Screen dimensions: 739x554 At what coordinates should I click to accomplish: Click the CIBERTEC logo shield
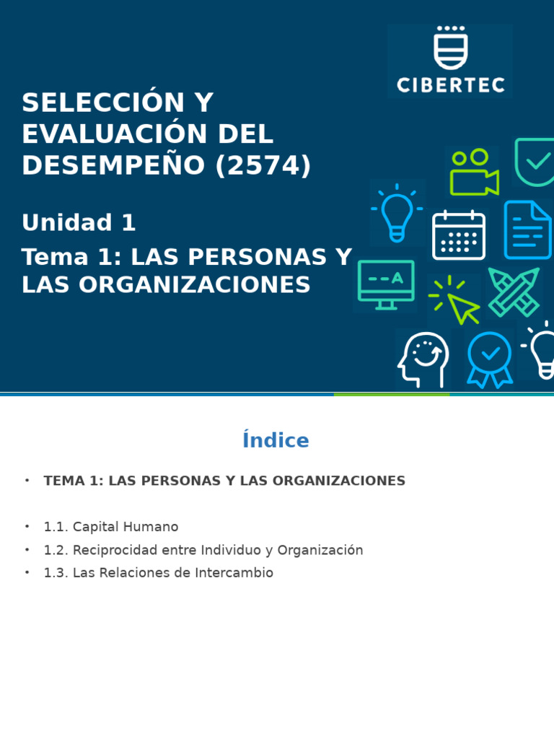pyautogui.click(x=450, y=48)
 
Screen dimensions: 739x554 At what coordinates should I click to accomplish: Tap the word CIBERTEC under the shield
pyautogui.click(x=450, y=84)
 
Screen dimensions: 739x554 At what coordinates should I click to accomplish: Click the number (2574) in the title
pyautogui.click(x=263, y=165)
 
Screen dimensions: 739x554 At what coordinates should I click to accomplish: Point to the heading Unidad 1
pyautogui.click(x=79, y=223)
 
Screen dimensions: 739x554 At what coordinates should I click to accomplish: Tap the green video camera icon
pyautogui.click(x=474, y=173)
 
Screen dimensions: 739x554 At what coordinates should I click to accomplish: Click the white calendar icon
pyautogui.click(x=458, y=235)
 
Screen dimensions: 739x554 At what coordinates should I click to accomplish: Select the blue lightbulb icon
pyautogui.click(x=397, y=213)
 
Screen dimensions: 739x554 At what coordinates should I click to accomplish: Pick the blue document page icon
pyautogui.click(x=527, y=230)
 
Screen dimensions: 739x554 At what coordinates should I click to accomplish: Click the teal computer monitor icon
pyautogui.click(x=386, y=284)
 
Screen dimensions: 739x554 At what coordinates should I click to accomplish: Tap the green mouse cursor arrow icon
pyautogui.click(x=460, y=303)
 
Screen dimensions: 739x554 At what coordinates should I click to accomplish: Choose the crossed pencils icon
pyautogui.click(x=514, y=292)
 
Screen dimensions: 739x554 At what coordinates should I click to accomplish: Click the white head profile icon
pyautogui.click(x=423, y=359)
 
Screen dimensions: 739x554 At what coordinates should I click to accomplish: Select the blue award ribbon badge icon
pyautogui.click(x=490, y=359)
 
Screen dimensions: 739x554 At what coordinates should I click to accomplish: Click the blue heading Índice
pyautogui.click(x=276, y=441)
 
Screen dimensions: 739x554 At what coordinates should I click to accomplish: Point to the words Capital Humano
pyautogui.click(x=126, y=527)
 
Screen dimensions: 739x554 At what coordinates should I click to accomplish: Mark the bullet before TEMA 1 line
pyautogui.click(x=27, y=481)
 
